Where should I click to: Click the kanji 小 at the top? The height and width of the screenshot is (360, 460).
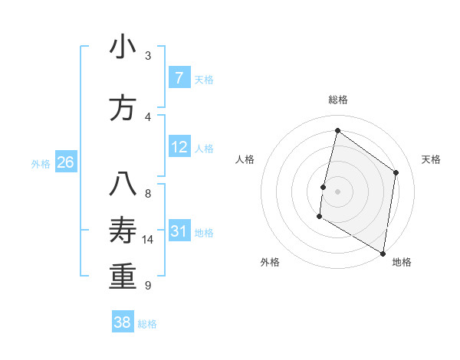click(123, 47)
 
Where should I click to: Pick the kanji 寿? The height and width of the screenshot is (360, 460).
click(123, 231)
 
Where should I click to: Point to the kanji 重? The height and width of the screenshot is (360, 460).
click(123, 277)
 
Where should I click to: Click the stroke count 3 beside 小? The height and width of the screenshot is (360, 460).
click(148, 56)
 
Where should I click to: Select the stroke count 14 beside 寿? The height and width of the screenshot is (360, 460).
click(148, 240)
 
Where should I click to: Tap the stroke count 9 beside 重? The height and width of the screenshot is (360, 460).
click(148, 286)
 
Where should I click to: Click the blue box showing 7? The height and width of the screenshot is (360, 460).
click(179, 78)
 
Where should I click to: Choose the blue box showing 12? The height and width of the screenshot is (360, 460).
click(179, 147)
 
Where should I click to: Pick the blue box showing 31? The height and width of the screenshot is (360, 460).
click(179, 231)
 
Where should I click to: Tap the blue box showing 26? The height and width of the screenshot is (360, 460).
click(66, 162)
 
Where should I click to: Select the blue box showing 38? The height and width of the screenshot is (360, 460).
click(123, 322)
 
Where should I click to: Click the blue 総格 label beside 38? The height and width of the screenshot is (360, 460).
click(148, 324)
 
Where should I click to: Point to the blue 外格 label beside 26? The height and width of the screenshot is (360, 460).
click(41, 163)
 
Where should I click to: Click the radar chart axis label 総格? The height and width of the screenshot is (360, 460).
click(337, 100)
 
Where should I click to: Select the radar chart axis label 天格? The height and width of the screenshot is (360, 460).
click(432, 159)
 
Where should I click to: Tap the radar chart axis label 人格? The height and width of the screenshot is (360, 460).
click(245, 159)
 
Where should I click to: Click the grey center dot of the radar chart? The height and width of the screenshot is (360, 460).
click(337, 191)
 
